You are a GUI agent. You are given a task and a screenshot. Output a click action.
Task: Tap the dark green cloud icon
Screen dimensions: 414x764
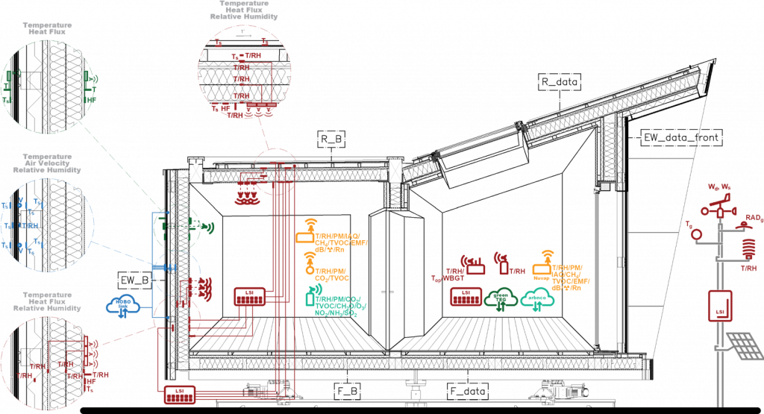click(501, 297)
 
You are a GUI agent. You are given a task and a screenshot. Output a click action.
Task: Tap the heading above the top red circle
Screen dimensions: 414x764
click(243, 10)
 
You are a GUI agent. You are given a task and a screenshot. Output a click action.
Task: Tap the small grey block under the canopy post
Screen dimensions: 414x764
click(606, 184)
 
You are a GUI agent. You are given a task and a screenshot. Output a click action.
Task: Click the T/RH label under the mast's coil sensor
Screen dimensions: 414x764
click(748, 267)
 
